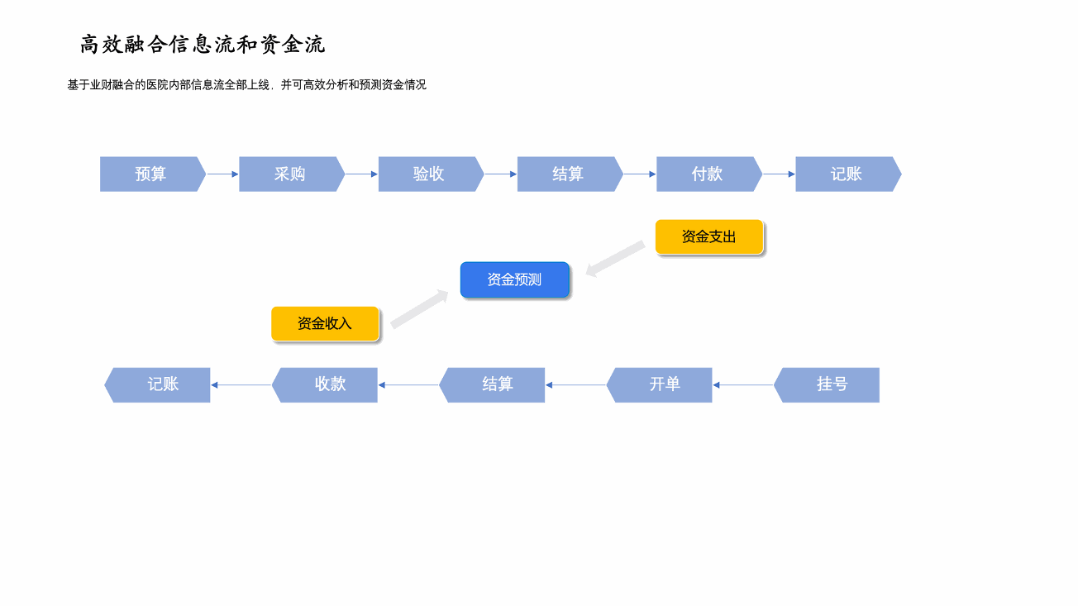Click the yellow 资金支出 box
click(709, 236)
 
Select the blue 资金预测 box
click(514, 279)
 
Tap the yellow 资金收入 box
click(325, 323)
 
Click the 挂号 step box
click(827, 385)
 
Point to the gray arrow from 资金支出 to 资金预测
click(615, 259)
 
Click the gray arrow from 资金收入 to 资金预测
click(419, 309)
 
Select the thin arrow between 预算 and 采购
click(223, 174)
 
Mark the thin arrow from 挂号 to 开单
click(742, 385)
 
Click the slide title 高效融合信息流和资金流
click(202, 45)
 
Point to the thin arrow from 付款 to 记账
click(779, 174)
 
